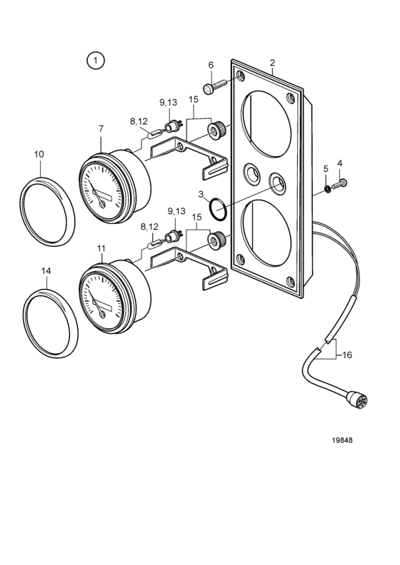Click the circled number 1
tap(95, 61)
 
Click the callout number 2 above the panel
tap(272, 62)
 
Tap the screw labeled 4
tap(339, 184)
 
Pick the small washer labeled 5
tap(327, 188)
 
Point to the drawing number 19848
tap(342, 440)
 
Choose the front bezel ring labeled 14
tap(50, 323)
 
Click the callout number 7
tap(101, 128)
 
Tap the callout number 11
tap(101, 248)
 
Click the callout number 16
tap(347, 355)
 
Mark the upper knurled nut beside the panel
tap(216, 130)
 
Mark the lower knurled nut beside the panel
tap(216, 240)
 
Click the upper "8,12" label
tap(139, 121)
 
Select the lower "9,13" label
tap(176, 211)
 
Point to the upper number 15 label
tap(194, 99)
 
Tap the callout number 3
tap(201, 195)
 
